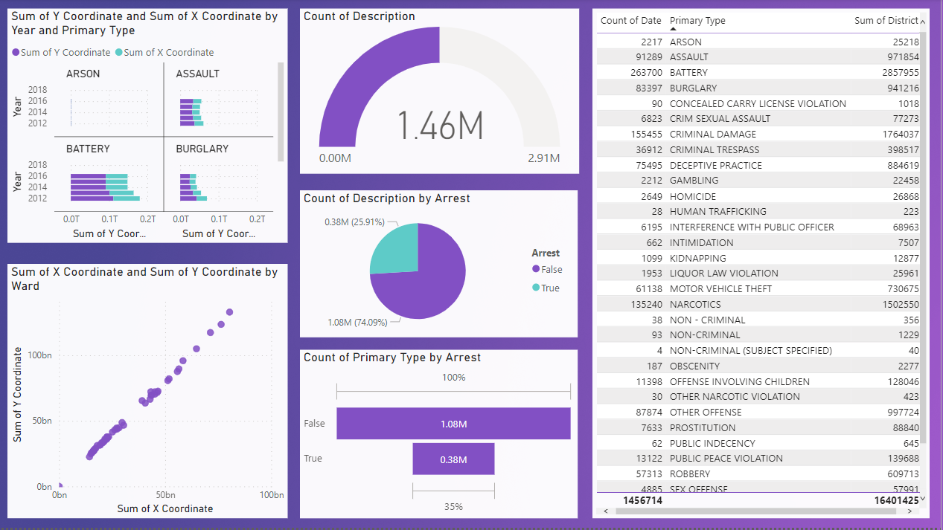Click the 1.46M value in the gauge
[x=439, y=126]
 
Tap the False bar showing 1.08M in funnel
[x=453, y=424]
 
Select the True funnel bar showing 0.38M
[x=453, y=459]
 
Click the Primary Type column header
[x=697, y=21]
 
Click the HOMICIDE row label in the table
[x=692, y=196]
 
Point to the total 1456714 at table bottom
[x=642, y=501]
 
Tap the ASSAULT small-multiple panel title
[x=197, y=74]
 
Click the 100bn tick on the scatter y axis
[x=39, y=355]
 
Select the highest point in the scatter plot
[x=229, y=312]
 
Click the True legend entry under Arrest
[x=550, y=288]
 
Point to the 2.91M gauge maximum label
[x=543, y=159]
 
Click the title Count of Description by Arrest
[x=386, y=198]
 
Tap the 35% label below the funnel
[x=453, y=507]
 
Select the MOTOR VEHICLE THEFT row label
[x=720, y=288]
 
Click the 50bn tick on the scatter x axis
[x=165, y=495]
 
